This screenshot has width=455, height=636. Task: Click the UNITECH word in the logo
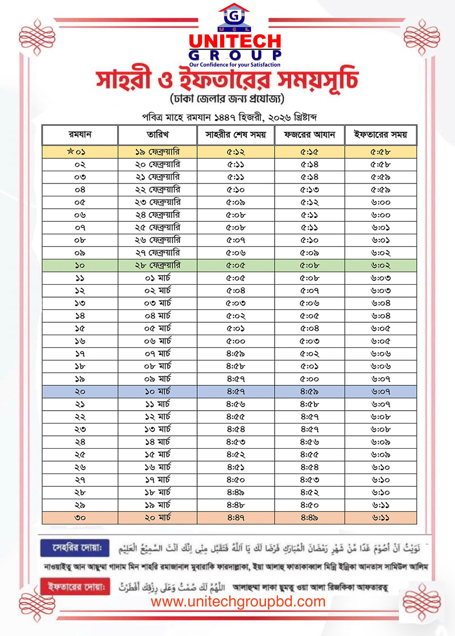235,42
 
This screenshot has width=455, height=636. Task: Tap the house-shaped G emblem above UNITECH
234,16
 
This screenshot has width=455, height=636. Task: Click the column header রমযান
80,135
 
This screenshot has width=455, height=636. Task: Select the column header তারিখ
158,135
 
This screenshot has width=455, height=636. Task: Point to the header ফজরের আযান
309,135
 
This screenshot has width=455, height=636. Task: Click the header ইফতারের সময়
381,135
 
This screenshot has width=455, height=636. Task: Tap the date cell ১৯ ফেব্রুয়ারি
158,152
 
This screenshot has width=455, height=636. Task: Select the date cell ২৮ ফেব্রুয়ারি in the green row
158,265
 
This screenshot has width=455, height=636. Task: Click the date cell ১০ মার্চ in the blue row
158,392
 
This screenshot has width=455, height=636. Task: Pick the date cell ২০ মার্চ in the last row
158,517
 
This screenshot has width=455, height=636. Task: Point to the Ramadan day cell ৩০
80,517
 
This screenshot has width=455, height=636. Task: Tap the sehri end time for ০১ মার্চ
236,278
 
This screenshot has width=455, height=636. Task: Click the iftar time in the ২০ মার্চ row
381,517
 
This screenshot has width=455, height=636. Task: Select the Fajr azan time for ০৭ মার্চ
309,354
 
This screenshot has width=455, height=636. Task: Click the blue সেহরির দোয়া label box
75,548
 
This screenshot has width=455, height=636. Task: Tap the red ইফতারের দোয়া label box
75,587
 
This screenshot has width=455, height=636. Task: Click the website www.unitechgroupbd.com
238,602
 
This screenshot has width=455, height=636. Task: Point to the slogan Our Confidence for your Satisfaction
235,65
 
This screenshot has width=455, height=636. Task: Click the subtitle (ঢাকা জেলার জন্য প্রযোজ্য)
227,99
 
